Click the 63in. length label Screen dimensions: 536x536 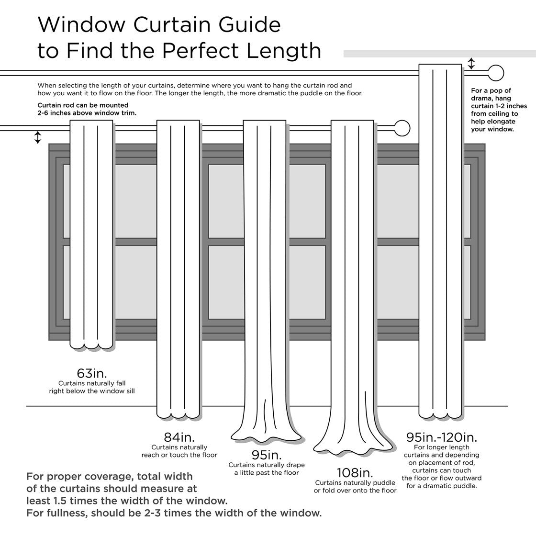(x=92, y=373)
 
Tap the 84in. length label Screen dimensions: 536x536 (x=179, y=437)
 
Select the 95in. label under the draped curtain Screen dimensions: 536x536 (x=266, y=455)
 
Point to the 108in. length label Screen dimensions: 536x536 (x=355, y=472)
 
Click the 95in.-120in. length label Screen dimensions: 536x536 (x=441, y=437)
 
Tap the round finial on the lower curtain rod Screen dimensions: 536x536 (x=402, y=128)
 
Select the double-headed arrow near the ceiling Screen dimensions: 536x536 (x=471, y=64)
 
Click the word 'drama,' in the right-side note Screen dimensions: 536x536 (x=484, y=98)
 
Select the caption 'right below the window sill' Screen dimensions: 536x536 (x=92, y=391)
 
